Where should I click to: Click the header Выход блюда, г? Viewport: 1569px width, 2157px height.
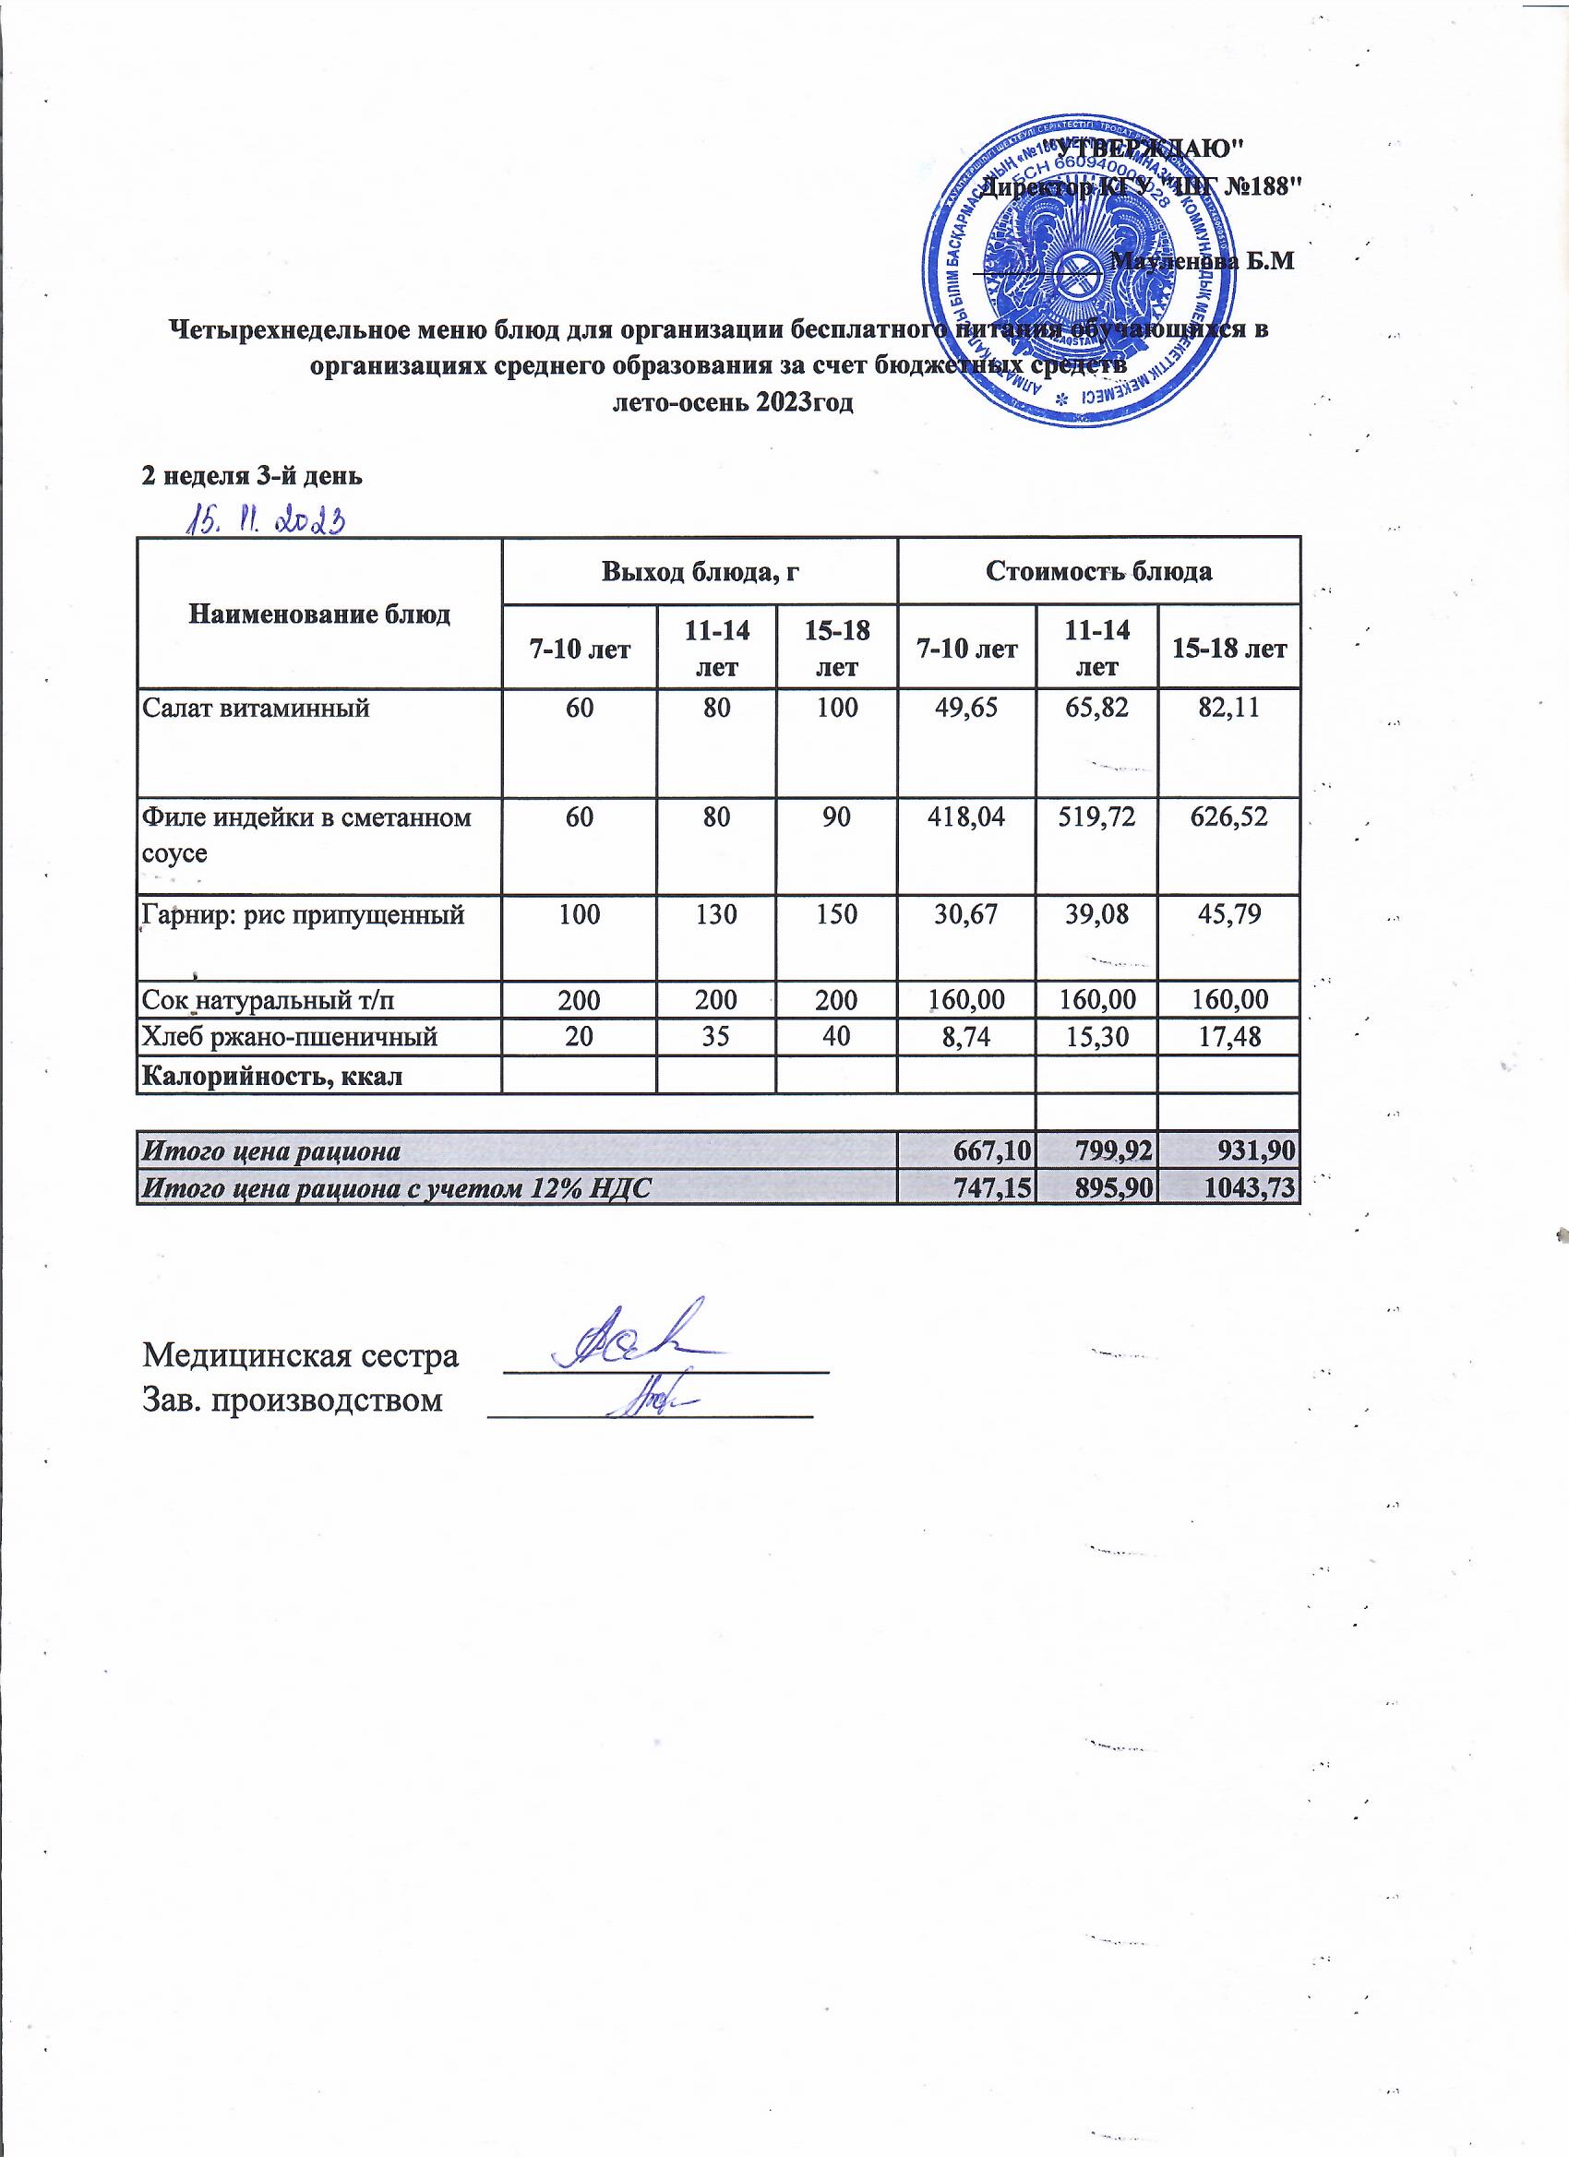(x=700, y=572)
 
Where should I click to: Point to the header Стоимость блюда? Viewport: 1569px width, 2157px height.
(x=1099, y=572)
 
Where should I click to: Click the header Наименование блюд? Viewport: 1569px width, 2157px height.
(x=319, y=614)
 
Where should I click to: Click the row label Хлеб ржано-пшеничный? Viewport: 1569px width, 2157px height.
(x=290, y=1037)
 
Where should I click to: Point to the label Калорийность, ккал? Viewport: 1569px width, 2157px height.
(x=272, y=1076)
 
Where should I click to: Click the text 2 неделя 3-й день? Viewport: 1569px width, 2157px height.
(x=252, y=476)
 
